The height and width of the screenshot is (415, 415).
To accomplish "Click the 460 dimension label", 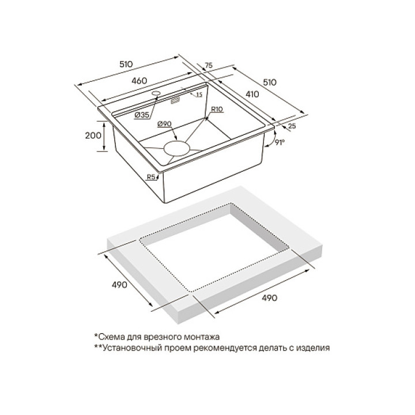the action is coord(139,81).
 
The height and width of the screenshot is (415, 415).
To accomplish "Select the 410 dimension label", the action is coord(252,94).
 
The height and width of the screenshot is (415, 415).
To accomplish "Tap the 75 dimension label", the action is coord(209,65).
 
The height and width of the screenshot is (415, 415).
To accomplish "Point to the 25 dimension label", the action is coord(292,126).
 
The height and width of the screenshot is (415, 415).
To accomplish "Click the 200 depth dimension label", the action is coord(93,135).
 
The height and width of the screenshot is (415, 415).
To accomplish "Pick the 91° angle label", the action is coord(280,142).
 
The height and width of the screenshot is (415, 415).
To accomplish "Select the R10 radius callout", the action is coord(217,109).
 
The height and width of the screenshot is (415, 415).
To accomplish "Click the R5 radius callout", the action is coord(151,177).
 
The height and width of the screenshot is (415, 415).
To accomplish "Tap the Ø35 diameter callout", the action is coord(142,115).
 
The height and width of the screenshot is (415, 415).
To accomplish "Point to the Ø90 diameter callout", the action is coord(164,124).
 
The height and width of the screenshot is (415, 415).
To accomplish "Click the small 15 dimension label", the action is coord(199,95).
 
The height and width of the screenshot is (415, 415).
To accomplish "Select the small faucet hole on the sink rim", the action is coord(156,93).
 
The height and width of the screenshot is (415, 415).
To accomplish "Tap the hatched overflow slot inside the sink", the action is coord(175,101).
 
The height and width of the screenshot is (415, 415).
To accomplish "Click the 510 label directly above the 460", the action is coord(126,64).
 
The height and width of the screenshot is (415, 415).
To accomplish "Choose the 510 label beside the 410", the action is coord(269,82).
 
